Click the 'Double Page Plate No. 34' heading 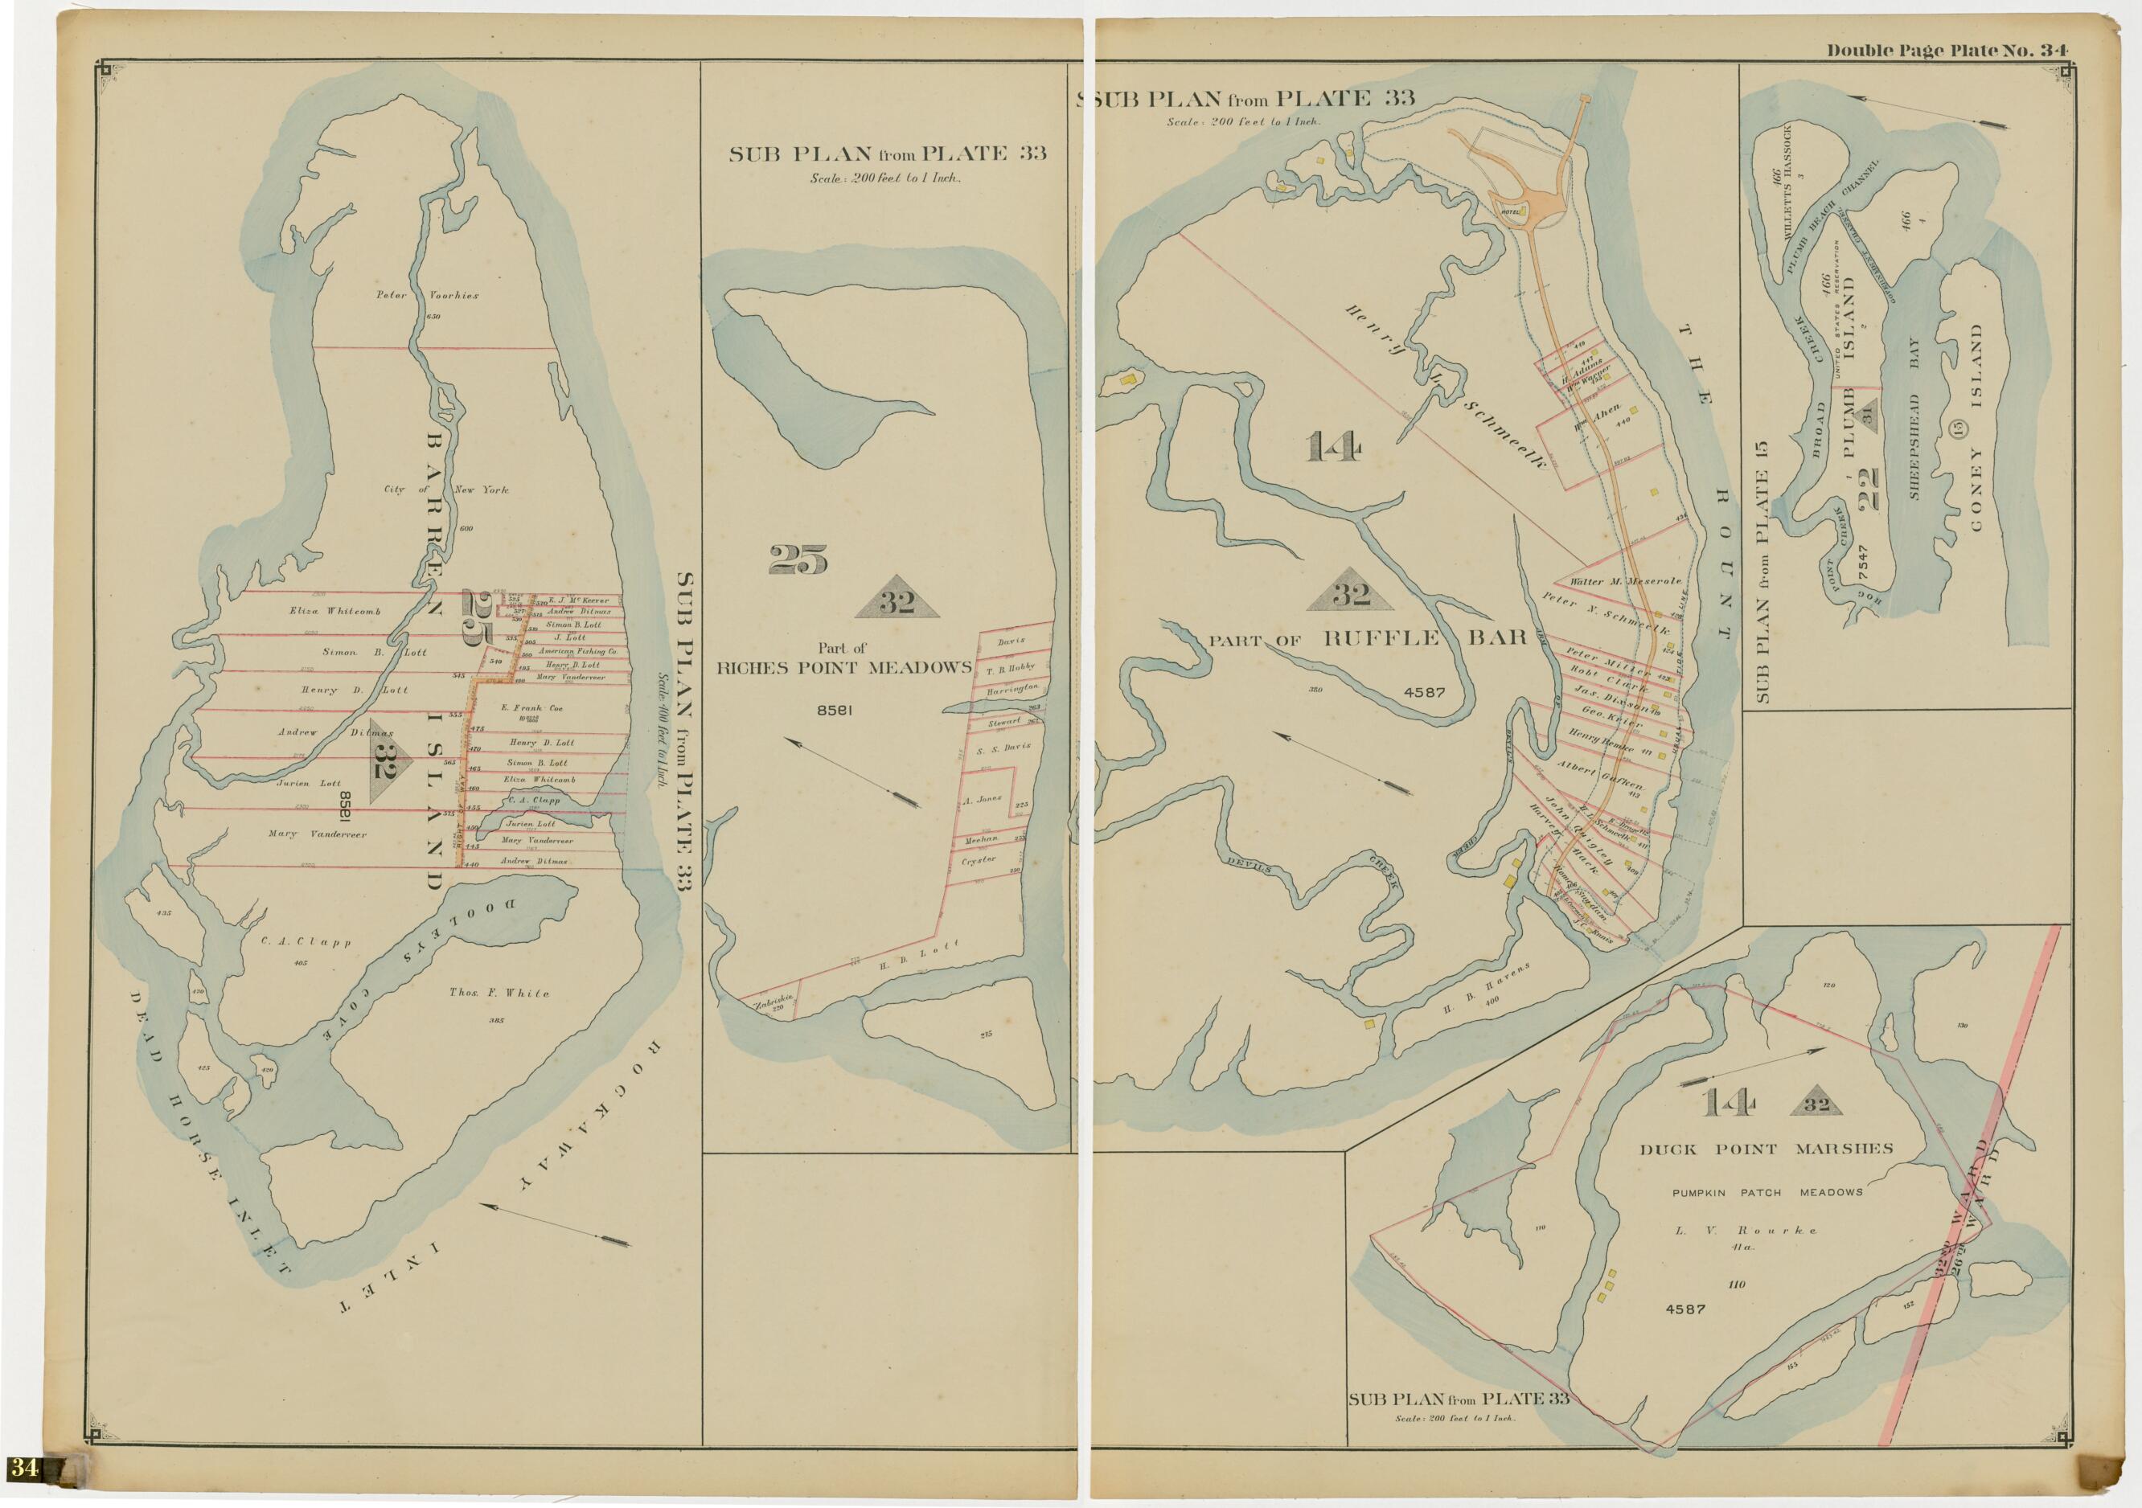1947,51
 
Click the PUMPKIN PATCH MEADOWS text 1767,1192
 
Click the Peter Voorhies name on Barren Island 427,296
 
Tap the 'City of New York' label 446,490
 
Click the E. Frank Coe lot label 531,708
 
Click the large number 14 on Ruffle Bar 1333,448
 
